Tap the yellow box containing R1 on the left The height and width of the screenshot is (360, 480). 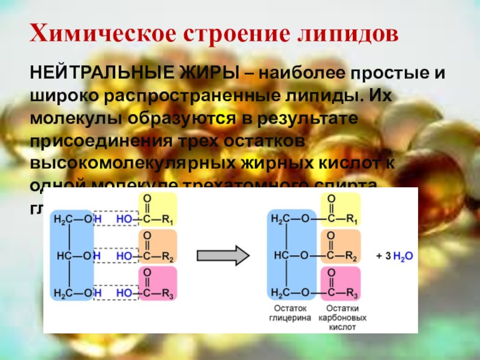coord(157,209)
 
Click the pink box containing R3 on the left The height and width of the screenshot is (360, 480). coord(157,283)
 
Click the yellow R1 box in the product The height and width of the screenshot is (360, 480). coord(340,209)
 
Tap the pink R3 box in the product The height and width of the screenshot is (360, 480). coord(340,283)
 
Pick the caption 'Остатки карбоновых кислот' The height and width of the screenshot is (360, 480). coord(342,319)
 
